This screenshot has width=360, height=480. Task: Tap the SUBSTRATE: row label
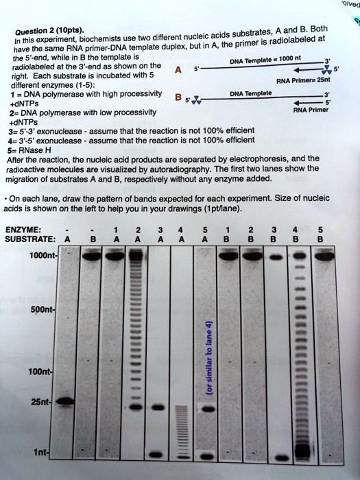tap(29, 240)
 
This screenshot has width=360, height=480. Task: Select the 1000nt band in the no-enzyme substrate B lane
tap(89, 259)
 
